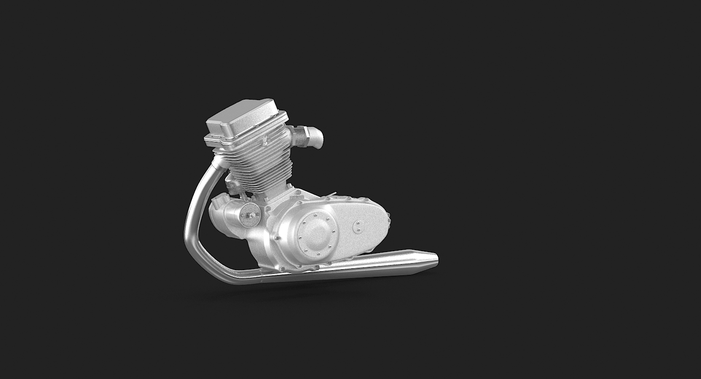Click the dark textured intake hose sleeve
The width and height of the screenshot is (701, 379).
[x=301, y=138]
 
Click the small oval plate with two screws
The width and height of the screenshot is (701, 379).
[x=359, y=226]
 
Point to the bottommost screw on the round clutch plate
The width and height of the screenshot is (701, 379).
[x=318, y=254]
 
